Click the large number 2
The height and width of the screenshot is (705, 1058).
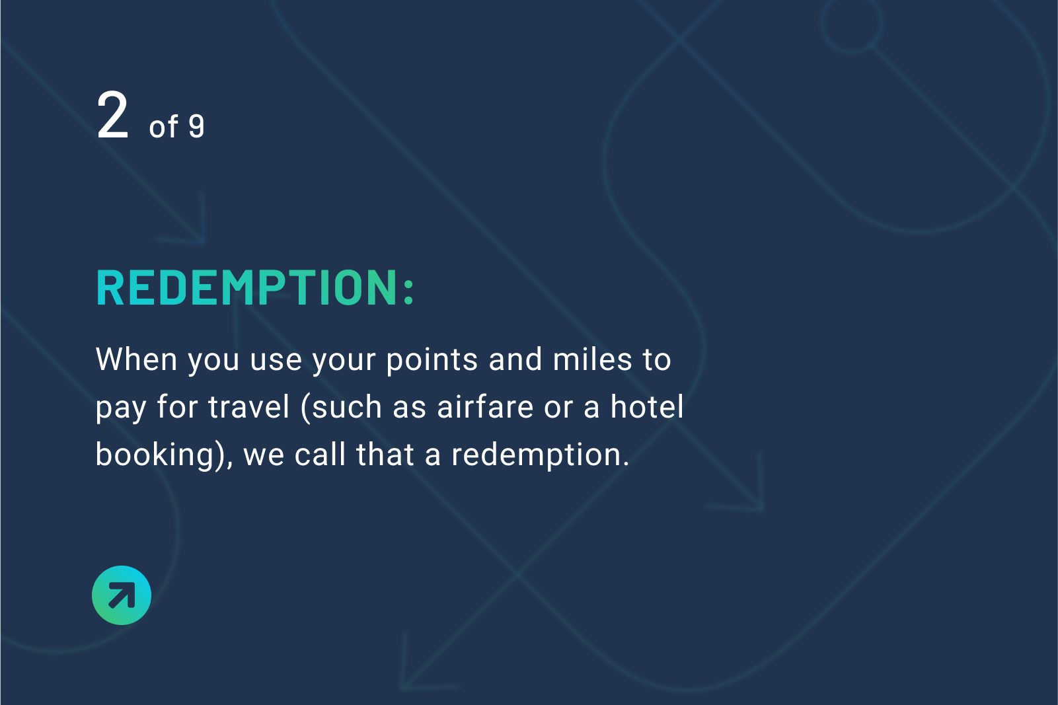pos(112,115)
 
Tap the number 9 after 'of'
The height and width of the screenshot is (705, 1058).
pos(196,127)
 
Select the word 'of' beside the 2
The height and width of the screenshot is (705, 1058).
pos(163,127)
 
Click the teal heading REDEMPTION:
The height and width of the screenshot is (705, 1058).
pos(255,287)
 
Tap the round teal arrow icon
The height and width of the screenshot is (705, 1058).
pos(122,595)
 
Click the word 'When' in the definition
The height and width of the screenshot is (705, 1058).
pos(136,359)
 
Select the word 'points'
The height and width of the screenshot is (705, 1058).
pos(432,360)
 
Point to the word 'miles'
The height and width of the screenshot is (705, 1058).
pos(592,359)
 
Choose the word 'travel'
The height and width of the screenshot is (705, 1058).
pos(248,407)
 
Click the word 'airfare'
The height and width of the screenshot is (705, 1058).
pos(485,407)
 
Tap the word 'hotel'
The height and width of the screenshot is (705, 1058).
pos(646,407)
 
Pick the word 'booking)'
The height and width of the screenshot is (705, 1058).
pos(161,455)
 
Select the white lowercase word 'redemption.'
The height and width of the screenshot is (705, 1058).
pos(541,455)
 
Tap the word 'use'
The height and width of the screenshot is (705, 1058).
pos(276,361)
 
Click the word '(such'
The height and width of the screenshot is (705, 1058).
pos(341,408)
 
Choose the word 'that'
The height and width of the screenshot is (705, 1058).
pos(385,455)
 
